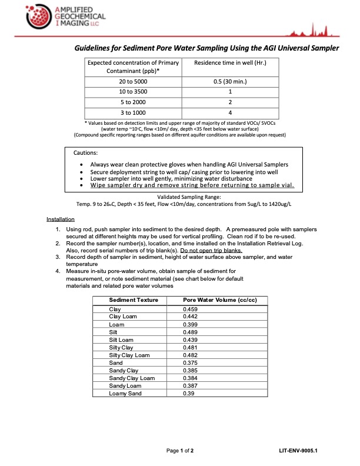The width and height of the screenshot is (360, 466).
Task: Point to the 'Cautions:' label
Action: point(86,152)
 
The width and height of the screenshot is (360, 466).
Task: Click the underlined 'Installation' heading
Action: point(61,219)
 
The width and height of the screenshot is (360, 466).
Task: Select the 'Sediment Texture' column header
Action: point(134,299)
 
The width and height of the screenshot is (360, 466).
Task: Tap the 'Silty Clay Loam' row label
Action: point(129,355)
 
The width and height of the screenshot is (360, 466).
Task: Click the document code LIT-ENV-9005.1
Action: point(302,451)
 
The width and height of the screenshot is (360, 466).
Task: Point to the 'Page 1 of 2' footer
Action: point(184,451)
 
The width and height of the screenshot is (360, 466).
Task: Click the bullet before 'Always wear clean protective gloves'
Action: point(81,164)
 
